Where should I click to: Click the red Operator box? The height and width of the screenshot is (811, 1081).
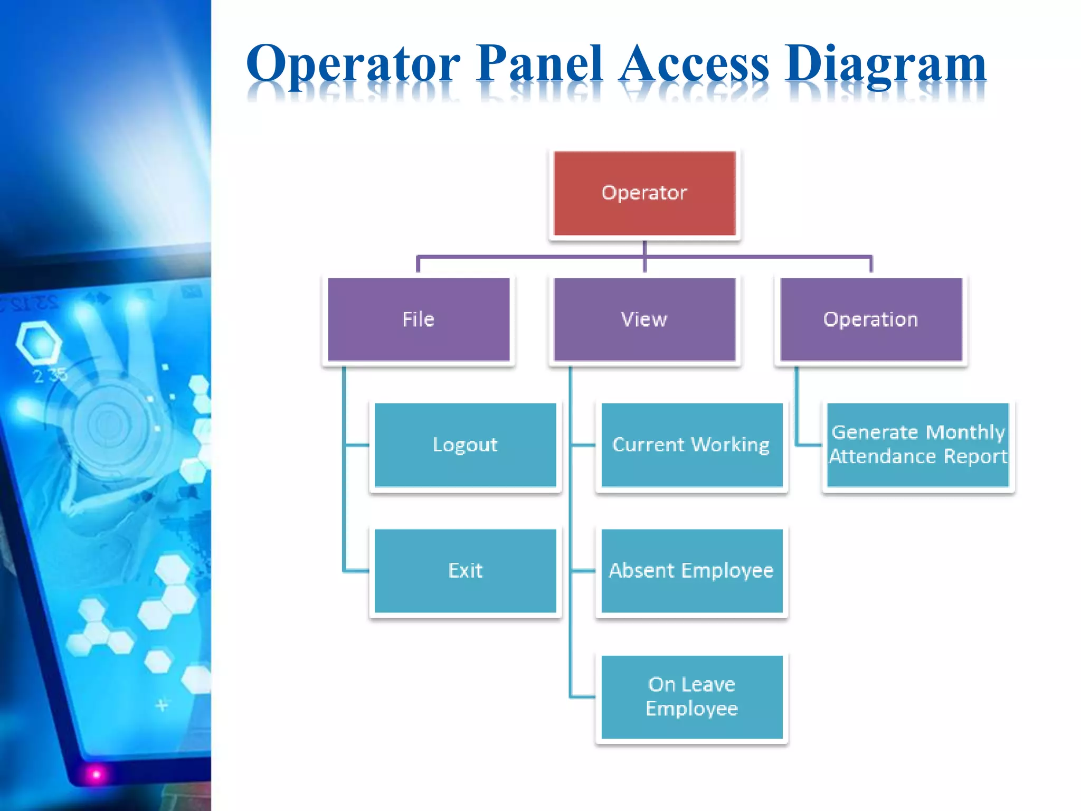click(644, 193)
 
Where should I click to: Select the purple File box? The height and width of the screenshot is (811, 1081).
click(419, 319)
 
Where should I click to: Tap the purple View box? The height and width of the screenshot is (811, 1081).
click(644, 319)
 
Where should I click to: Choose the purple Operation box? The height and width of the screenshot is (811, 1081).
click(871, 319)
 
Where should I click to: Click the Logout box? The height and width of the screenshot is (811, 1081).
click(465, 445)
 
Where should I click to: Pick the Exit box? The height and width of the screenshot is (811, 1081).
click(465, 571)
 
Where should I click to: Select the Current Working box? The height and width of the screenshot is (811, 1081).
click(691, 445)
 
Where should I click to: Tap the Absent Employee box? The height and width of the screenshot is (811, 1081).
click(691, 571)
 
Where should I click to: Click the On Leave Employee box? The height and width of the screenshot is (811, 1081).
click(691, 696)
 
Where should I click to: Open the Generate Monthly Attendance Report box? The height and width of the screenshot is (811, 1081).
click(918, 445)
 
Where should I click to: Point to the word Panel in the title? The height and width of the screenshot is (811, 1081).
click(539, 63)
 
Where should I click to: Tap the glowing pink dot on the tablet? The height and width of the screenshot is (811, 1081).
click(96, 774)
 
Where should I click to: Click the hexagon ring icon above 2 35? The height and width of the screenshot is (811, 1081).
click(38, 343)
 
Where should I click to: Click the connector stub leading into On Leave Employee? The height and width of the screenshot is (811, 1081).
click(583, 696)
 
